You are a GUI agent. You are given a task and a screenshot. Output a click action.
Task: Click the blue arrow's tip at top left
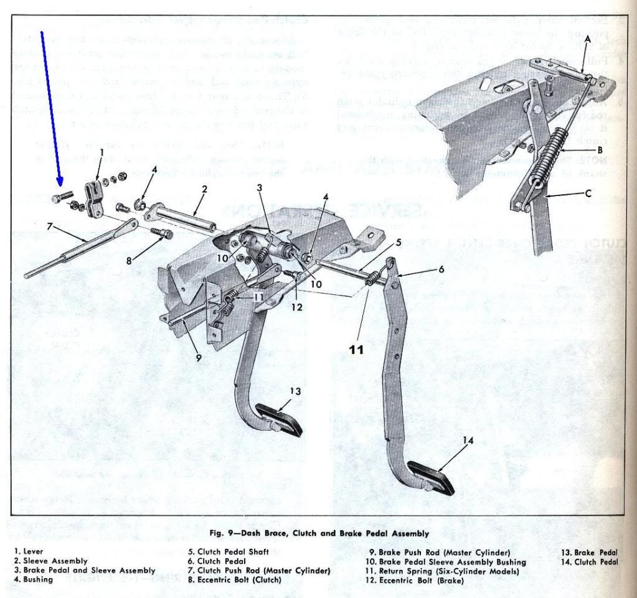click(x=60, y=184)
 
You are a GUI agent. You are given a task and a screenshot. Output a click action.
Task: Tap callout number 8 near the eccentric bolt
click(x=130, y=261)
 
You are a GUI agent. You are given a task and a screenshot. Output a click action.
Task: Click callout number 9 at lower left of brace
click(x=198, y=357)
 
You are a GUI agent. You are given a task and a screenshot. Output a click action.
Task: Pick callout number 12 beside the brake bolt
click(x=299, y=306)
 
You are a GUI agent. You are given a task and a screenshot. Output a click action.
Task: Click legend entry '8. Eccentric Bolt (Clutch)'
click(x=234, y=579)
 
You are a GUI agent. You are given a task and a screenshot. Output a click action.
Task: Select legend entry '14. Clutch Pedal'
click(x=589, y=562)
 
